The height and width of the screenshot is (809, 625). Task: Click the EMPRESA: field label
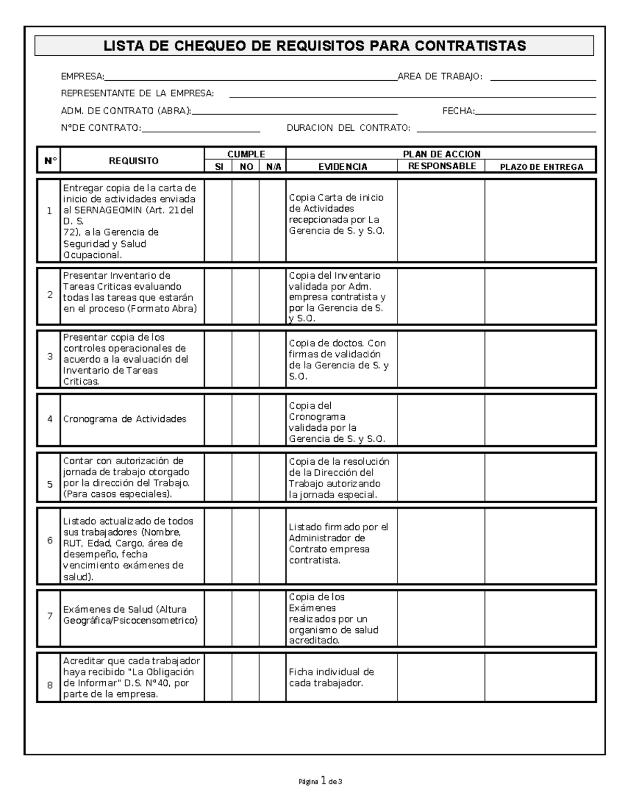coord(82,77)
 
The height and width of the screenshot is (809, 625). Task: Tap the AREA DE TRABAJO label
coord(440,77)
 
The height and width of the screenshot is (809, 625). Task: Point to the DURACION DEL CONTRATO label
coord(348,128)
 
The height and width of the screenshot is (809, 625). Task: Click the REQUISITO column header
coord(133,161)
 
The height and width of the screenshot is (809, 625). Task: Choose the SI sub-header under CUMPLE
coord(219,167)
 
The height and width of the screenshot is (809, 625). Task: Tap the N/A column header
coord(273,167)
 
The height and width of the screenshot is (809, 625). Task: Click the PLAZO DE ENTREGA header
coord(541,167)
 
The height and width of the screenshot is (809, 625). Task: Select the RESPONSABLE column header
coord(442,166)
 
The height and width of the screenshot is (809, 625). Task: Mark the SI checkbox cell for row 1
coord(218,220)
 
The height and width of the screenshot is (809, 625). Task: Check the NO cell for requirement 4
coord(245,420)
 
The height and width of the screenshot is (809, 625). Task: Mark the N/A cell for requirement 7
coord(272,618)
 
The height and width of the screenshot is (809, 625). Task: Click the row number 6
coord(50,541)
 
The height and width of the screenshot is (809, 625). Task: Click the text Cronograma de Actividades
coord(124,419)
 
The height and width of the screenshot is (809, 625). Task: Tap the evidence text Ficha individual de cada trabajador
coord(331,677)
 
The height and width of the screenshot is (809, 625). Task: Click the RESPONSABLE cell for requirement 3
coord(441,359)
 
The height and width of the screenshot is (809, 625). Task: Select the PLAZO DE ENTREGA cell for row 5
coord(540,478)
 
